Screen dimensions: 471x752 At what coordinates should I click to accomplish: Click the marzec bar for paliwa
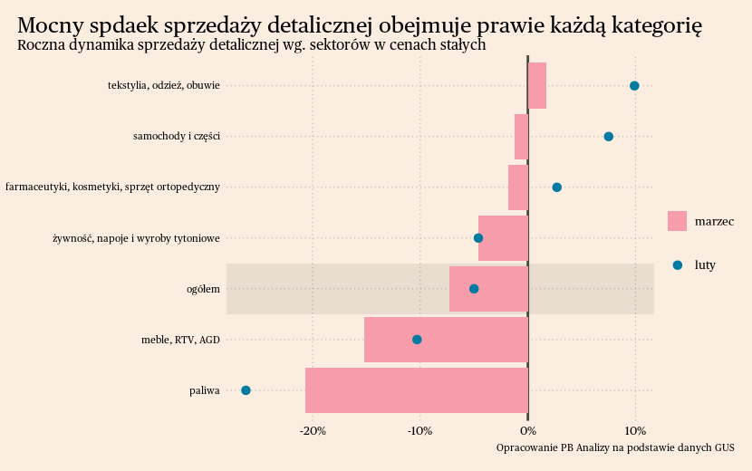pos(417,390)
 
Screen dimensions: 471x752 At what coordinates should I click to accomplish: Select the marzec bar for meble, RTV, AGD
pos(446,340)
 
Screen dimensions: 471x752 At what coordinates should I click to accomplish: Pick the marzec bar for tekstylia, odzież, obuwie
pos(537,86)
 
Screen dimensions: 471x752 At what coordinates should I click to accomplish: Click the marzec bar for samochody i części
pos(521,137)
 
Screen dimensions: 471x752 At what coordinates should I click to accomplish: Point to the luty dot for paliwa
pos(246,390)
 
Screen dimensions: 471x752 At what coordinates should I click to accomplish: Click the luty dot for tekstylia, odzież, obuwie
pos(634,86)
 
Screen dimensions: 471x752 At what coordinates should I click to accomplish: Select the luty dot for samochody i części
pos(609,137)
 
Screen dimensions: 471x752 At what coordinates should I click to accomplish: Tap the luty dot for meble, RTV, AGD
pos(417,340)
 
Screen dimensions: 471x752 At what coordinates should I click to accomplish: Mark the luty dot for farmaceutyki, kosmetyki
pos(557,187)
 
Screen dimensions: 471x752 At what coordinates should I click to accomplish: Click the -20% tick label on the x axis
pos(313,430)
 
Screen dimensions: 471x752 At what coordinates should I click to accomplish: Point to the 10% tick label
pos(635,430)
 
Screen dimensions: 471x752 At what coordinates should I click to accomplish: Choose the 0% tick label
pos(528,430)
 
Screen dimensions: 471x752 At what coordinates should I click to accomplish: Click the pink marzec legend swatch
pos(677,221)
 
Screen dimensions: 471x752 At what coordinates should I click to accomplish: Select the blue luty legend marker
pos(677,265)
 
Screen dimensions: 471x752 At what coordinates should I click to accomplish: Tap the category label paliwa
pos(205,390)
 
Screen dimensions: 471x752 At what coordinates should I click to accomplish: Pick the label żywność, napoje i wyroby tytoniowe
pos(137,238)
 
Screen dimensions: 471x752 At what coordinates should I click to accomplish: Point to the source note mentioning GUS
pos(615,447)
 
